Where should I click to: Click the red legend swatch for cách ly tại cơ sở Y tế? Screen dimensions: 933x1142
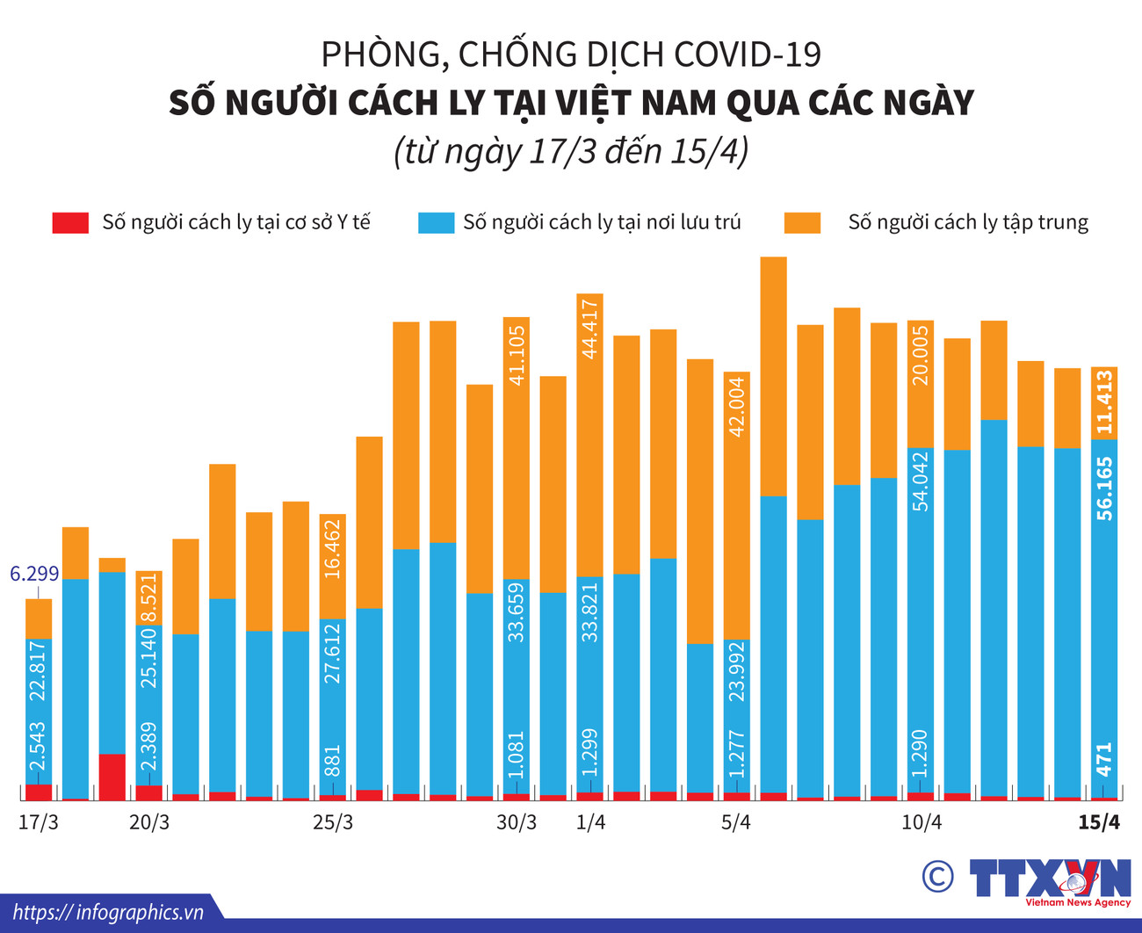point(70,222)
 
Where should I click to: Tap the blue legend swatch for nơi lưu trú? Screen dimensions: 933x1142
point(436,222)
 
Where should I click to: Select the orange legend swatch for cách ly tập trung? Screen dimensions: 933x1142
point(802,222)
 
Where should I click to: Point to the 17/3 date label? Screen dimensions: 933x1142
point(39,823)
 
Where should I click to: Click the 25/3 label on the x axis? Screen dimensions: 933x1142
point(333,823)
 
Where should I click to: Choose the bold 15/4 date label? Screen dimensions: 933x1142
point(1100,823)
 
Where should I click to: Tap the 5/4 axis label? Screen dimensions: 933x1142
point(736,823)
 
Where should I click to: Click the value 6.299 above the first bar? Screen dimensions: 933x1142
point(34,575)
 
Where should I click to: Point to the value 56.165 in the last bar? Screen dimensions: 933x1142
point(1104,488)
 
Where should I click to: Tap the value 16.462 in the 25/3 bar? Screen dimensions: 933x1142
point(332,547)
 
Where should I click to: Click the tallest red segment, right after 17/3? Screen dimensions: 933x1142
point(112,776)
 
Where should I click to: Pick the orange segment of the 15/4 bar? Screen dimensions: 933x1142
point(1104,402)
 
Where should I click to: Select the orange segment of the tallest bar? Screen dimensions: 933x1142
point(773,376)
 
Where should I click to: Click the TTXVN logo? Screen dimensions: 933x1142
point(1051,879)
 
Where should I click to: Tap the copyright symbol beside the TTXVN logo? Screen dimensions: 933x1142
point(938,876)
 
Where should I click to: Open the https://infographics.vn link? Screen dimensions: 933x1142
point(108,913)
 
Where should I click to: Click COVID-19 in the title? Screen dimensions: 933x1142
point(748,54)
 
